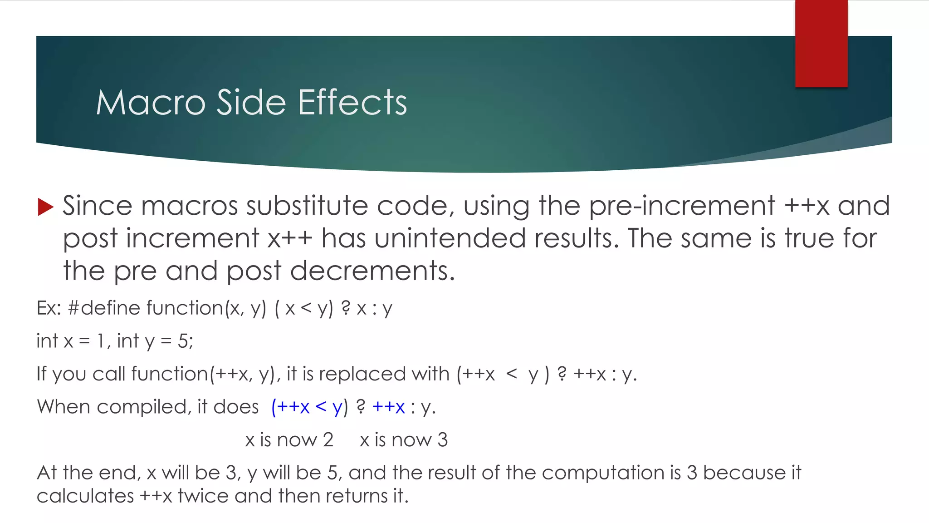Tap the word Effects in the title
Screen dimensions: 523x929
pyautogui.click(x=352, y=103)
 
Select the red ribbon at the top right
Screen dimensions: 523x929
pyautogui.click(x=821, y=43)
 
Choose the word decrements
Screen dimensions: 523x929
pyautogui.click(x=372, y=271)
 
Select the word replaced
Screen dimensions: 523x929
pyautogui.click(x=361, y=374)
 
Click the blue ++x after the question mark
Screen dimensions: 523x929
pyautogui.click(x=388, y=407)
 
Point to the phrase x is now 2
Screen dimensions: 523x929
pyautogui.click(x=289, y=440)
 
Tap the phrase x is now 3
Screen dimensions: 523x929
pyautogui.click(x=403, y=440)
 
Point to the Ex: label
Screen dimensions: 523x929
pyautogui.click(x=49, y=308)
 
